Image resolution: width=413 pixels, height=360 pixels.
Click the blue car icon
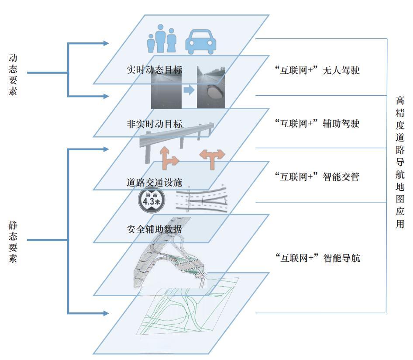click(x=201, y=41)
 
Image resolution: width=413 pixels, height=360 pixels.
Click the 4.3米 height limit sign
click(x=149, y=200)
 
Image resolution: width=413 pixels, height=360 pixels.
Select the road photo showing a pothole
click(x=211, y=87)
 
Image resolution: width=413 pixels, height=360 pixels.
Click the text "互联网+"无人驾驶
click(x=318, y=70)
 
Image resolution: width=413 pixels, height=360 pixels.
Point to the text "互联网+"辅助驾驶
click(x=318, y=124)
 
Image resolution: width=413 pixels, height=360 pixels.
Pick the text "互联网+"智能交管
click(x=318, y=177)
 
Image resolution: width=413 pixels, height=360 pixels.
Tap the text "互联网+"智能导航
click(x=318, y=258)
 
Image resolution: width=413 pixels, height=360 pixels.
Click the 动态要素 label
click(x=13, y=74)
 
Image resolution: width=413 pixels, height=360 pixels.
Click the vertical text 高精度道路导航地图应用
click(x=399, y=162)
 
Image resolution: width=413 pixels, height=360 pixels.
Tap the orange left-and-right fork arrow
click(x=212, y=158)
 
